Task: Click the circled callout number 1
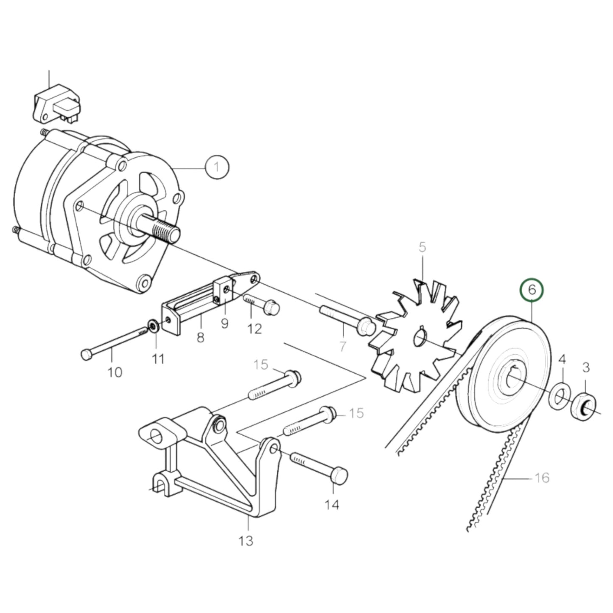coord(217,167)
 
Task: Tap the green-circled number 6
coord(532,290)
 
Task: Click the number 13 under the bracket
coord(246,540)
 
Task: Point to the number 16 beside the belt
coord(541,478)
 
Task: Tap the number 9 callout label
coord(224,323)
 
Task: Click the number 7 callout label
coord(342,346)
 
